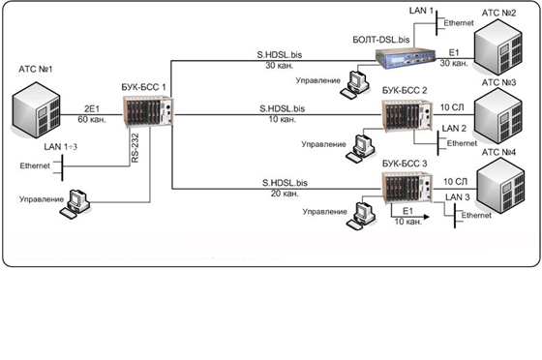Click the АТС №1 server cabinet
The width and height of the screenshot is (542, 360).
(x=36, y=110)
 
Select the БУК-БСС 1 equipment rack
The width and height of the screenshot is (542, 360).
(x=148, y=111)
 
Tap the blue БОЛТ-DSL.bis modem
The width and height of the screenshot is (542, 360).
(x=406, y=57)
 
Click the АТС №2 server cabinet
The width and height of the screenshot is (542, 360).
(x=498, y=47)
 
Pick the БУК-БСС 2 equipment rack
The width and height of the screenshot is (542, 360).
(x=406, y=115)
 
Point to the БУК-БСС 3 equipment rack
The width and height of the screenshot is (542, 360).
(x=406, y=188)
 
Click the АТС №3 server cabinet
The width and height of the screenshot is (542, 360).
(x=498, y=116)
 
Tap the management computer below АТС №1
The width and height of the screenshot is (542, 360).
(x=75, y=204)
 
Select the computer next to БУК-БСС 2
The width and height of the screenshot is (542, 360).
(x=360, y=148)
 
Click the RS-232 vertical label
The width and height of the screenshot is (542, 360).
(x=135, y=148)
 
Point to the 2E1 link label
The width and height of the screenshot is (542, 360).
(x=92, y=108)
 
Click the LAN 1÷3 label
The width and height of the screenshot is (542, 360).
(x=60, y=146)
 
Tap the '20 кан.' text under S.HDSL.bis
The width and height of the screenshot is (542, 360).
(x=285, y=194)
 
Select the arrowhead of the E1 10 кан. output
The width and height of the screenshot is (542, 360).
(x=427, y=217)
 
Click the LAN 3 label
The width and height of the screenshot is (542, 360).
(x=457, y=196)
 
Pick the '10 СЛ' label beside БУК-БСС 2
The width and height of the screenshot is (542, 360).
(x=452, y=107)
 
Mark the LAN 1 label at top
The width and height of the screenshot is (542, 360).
(x=421, y=11)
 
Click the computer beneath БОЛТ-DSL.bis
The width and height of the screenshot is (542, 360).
(x=355, y=84)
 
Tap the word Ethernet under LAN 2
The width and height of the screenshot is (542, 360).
(x=462, y=143)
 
